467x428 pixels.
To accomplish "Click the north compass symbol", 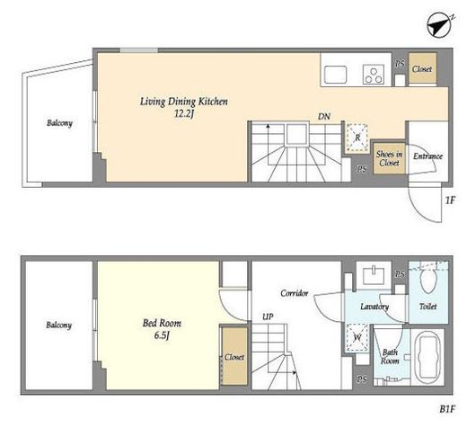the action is [x=439, y=25].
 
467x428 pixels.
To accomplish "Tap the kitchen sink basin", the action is [x=336, y=75].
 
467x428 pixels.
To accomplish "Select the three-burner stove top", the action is [x=374, y=75].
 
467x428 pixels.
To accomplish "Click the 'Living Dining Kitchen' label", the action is [x=184, y=102].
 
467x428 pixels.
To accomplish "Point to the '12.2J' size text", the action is [x=184, y=114].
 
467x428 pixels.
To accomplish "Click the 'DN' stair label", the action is [x=324, y=116].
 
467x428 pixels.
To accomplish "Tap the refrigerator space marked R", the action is [x=357, y=138].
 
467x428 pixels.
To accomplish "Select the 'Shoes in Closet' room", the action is [x=389, y=158].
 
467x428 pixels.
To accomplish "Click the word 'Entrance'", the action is [x=427, y=156].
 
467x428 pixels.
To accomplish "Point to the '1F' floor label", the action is [x=450, y=200].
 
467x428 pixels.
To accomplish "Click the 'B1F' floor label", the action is [x=447, y=409].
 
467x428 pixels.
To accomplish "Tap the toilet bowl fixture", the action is [x=428, y=280].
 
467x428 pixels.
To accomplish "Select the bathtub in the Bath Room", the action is [x=428, y=358].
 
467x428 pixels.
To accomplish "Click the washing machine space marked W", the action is [x=357, y=338].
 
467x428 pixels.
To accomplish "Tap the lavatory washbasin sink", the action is [x=374, y=275].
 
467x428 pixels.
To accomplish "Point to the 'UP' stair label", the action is [x=268, y=317].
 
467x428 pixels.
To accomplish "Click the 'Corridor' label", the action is [x=294, y=293].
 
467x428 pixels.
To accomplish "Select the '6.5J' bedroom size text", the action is [x=162, y=335].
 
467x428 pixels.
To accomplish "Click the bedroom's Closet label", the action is [x=234, y=357].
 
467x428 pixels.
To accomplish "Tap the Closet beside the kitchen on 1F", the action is [x=422, y=68].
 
